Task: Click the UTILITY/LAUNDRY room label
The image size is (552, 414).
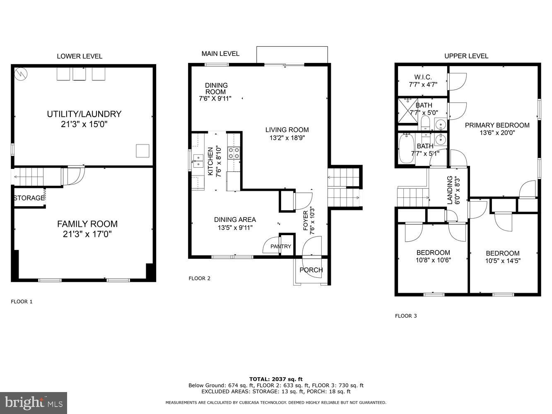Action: coord(84,114)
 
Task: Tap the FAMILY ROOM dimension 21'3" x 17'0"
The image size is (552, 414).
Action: coord(87,234)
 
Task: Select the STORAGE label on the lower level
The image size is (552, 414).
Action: coord(29,198)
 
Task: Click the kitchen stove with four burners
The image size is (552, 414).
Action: coord(234,153)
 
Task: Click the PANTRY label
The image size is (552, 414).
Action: coord(281,246)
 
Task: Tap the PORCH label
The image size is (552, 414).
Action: coord(311,270)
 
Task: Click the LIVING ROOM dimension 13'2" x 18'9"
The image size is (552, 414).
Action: coord(287,138)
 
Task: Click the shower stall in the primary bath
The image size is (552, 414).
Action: coord(407,111)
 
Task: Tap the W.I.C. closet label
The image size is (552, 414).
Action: coord(423,77)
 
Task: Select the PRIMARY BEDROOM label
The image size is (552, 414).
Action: coord(497,125)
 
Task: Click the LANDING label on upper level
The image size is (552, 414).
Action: coord(450,190)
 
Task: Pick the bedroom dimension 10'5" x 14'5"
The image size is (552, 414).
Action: coord(502,261)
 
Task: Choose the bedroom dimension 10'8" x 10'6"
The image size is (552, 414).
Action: coord(433,260)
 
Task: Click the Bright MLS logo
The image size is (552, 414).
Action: coord(34,402)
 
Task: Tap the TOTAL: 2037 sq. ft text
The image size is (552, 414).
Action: coord(276,379)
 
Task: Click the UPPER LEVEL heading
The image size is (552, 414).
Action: coord(466,56)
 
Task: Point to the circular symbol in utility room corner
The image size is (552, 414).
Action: coord(20,74)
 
